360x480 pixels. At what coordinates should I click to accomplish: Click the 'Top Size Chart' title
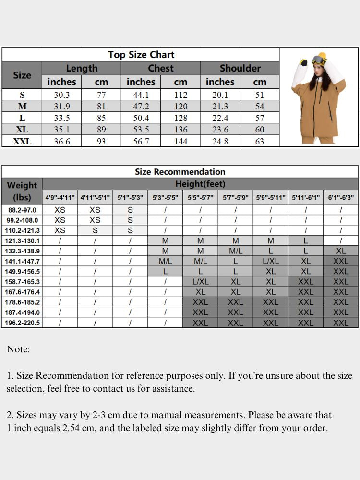(141, 54)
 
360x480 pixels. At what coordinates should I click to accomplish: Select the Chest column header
(160, 68)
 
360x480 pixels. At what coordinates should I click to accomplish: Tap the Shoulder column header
(240, 68)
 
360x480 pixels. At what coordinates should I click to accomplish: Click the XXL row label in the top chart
(22, 141)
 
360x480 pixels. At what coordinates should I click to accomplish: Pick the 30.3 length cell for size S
(61, 95)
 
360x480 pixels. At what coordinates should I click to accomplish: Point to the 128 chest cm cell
(180, 118)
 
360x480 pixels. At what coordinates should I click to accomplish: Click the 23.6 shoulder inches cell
(220, 130)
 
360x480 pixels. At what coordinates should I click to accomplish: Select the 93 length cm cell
(101, 141)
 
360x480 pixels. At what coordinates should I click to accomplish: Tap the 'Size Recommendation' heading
(180, 171)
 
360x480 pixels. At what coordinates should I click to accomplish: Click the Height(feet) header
(200, 184)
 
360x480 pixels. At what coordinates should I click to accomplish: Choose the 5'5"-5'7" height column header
(200, 197)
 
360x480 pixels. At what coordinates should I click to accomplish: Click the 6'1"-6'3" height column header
(341, 197)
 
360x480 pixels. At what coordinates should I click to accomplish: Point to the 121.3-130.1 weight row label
(22, 241)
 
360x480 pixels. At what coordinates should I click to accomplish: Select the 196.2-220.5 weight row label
(22, 323)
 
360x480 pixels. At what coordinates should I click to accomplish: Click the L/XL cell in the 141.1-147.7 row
(271, 261)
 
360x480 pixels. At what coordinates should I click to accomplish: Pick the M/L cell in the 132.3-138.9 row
(235, 251)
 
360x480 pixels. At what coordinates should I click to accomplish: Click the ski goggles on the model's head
(317, 60)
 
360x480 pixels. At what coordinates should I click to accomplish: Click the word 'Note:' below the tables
(18, 349)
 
